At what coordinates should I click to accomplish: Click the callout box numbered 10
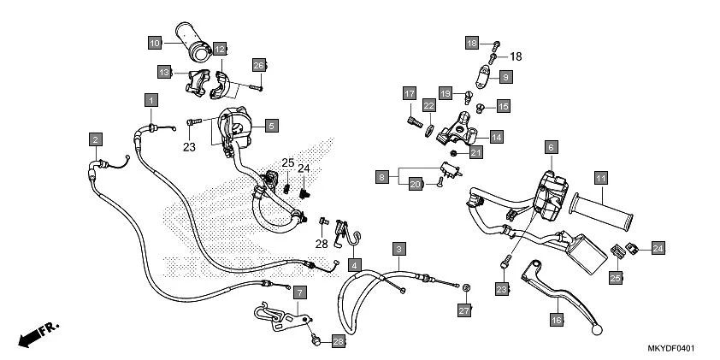tap(154, 43)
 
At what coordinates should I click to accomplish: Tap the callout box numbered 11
tap(601, 178)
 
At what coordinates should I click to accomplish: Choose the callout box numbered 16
tap(556, 320)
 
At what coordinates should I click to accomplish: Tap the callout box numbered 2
tap(96, 139)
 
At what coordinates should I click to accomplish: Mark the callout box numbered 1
tap(150, 100)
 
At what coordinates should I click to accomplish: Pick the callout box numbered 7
tap(298, 292)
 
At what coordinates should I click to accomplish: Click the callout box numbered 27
tap(464, 309)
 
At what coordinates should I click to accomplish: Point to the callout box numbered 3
tap(398, 249)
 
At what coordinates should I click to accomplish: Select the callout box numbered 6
tap(551, 147)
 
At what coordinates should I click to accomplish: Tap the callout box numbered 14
tap(496, 136)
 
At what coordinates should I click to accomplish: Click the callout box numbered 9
tap(505, 77)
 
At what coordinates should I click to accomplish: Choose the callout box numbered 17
tap(410, 93)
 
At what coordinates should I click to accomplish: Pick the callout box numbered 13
tap(163, 71)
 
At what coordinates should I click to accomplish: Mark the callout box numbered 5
tap(270, 125)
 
